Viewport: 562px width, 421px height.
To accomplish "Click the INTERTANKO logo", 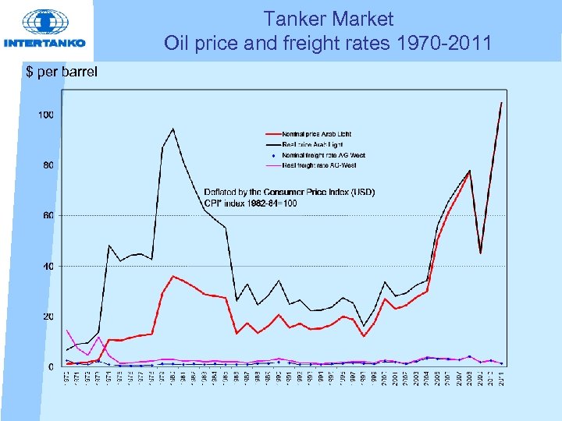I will [x=44, y=30].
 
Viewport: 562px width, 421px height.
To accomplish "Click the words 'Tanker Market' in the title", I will [x=328, y=18].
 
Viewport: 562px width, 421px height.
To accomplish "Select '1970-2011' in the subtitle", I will [x=448, y=43].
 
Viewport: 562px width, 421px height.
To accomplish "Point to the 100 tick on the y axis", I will [x=46, y=115].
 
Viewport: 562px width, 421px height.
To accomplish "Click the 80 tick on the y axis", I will [x=48, y=165].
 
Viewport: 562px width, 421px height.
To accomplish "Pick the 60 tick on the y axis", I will [x=48, y=216].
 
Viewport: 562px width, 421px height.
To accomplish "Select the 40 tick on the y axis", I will [x=48, y=266].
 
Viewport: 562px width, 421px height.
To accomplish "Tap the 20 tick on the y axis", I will [x=48, y=317].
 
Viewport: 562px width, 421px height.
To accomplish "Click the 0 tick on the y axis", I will [x=51, y=366].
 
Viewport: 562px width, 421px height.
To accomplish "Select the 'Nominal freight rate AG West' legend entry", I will [x=323, y=155].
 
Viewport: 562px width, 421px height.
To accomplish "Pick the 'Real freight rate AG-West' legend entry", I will [x=321, y=165].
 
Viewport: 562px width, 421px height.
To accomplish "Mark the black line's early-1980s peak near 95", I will [x=173, y=129].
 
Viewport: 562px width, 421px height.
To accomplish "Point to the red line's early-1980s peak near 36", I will [x=173, y=276].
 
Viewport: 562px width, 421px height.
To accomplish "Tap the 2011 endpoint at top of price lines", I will [x=501, y=103].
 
